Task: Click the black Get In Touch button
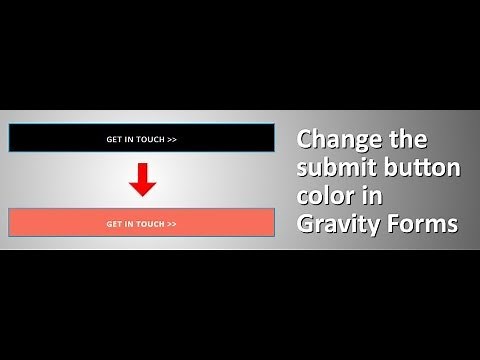coord(141,138)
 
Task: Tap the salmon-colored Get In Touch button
coord(141,223)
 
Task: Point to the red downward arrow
coord(142,179)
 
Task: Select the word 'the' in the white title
coord(405,138)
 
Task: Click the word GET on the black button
coord(114,139)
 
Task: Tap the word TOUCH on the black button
coord(150,139)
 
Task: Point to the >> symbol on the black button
coord(172,139)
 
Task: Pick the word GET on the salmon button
coord(114,224)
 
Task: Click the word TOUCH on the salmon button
coord(150,224)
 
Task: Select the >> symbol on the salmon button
coord(172,224)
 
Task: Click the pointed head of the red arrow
coord(142,189)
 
